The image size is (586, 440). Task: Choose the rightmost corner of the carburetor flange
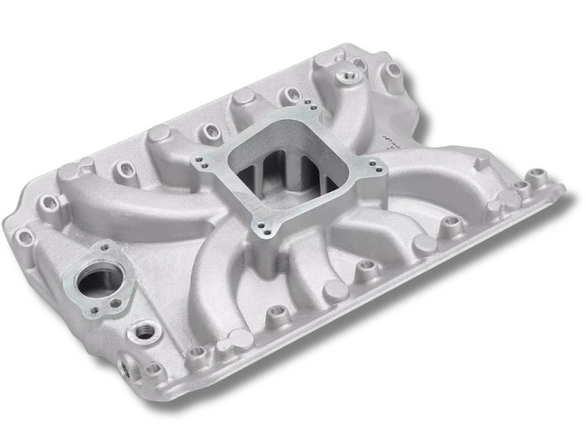[x=379, y=168]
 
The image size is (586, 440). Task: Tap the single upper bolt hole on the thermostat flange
[x=105, y=247]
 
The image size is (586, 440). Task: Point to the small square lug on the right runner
[x=481, y=163]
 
